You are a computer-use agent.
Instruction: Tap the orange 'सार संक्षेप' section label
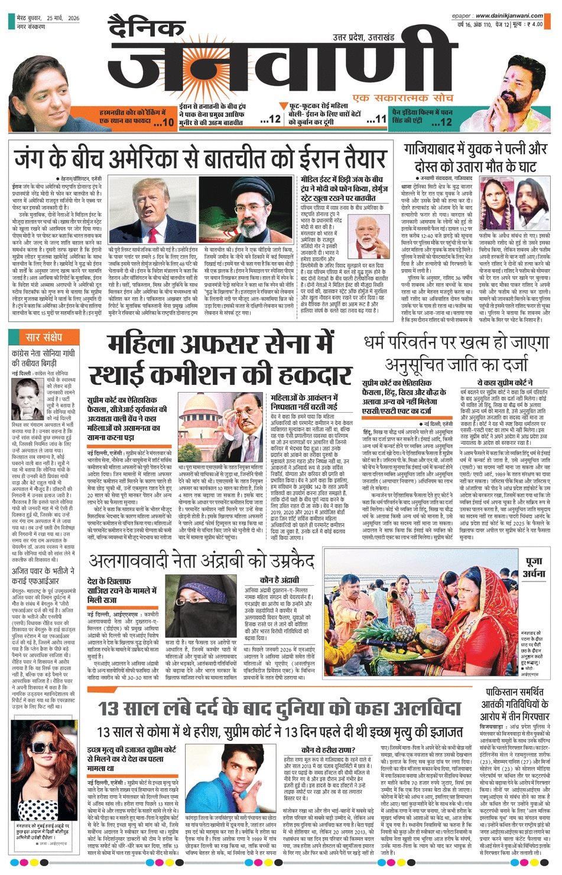tap(44, 338)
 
